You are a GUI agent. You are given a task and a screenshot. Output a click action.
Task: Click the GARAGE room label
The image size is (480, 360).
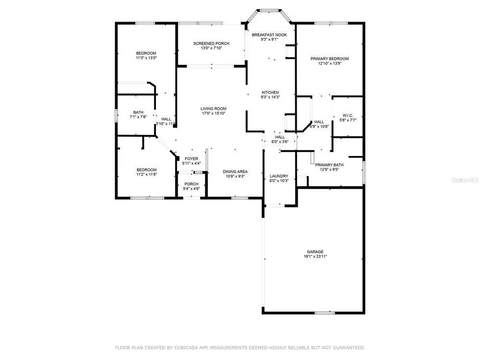[x=315, y=252]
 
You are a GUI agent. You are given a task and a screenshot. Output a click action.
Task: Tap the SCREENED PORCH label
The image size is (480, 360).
[x=211, y=44]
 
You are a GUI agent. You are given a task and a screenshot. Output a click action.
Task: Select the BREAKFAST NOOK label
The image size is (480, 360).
[x=269, y=35]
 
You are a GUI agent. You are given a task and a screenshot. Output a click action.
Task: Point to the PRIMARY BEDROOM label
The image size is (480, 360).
[x=329, y=59]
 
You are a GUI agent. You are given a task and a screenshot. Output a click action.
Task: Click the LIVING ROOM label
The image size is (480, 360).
[x=214, y=108]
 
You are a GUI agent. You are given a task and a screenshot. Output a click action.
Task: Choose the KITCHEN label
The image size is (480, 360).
[x=270, y=93]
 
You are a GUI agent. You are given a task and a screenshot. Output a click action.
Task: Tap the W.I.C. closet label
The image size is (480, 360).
[x=348, y=115]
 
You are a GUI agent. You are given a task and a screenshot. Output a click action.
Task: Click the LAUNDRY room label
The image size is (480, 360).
[x=279, y=176]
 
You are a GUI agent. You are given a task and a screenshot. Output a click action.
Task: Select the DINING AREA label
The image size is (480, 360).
[x=235, y=172]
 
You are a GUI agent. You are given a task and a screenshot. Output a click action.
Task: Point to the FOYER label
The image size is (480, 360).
[x=192, y=158]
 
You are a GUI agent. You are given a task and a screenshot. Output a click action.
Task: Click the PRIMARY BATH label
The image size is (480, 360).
[x=329, y=165]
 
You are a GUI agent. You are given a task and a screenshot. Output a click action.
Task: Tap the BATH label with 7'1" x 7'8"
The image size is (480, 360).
[x=138, y=112]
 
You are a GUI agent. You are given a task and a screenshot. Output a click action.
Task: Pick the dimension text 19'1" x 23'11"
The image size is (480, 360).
[x=315, y=256]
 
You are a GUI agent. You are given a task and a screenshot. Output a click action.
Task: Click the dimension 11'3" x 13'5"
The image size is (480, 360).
[x=146, y=58]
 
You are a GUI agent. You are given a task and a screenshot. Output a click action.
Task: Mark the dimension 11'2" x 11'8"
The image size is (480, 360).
[x=146, y=175]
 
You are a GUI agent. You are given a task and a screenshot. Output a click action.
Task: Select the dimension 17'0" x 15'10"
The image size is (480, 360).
[x=214, y=113]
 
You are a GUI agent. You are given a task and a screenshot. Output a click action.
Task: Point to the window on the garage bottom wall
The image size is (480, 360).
[x=325, y=313]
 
